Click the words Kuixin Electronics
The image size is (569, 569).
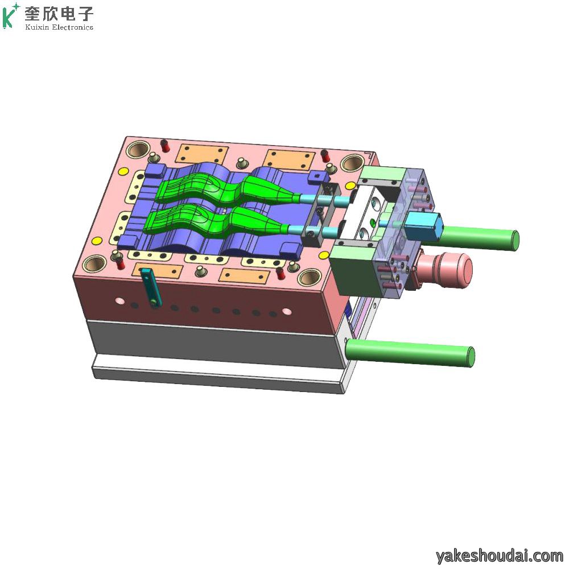click(59, 27)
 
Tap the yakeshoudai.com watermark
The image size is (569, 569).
click(500, 555)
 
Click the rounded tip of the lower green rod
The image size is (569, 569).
click(471, 356)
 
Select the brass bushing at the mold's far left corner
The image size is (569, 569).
click(138, 149)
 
